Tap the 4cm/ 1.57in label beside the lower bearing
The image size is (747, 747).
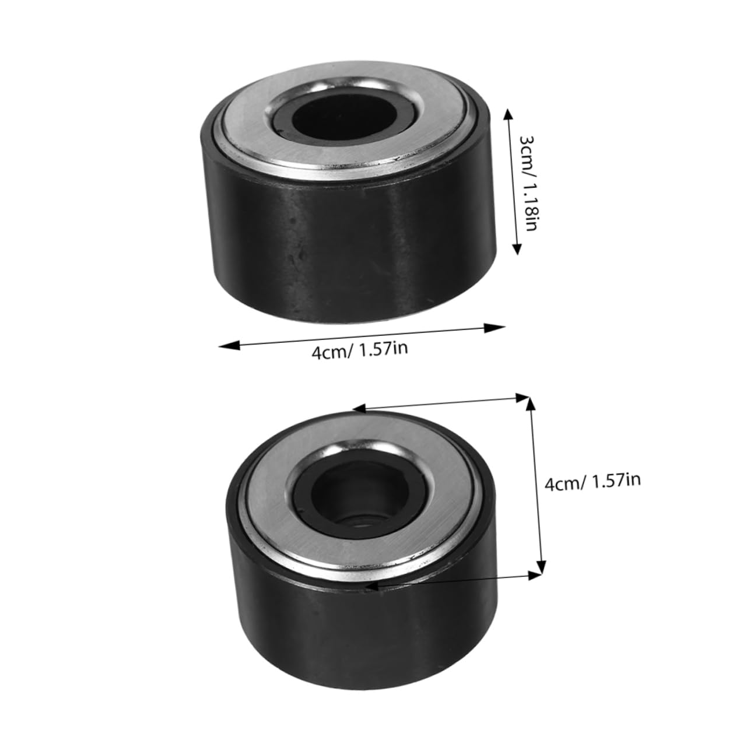coord(592,482)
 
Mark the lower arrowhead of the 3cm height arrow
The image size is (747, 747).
coord(516,250)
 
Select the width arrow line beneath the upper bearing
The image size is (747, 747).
coord(362,337)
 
